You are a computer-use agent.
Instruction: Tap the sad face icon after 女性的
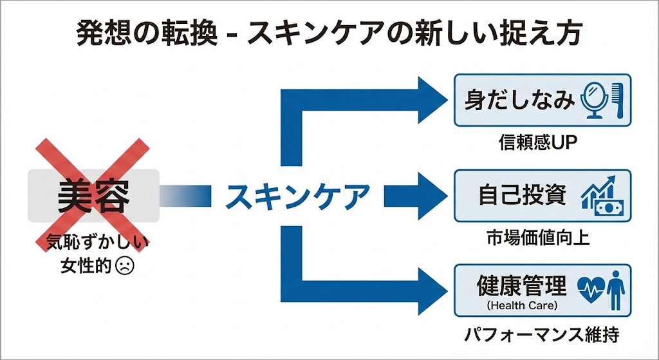click(x=124, y=265)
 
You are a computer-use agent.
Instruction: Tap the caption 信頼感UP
click(x=539, y=140)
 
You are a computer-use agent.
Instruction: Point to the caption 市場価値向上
click(x=539, y=236)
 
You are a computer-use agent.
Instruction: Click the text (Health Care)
click(x=522, y=304)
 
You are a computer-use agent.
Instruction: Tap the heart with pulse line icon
click(x=589, y=290)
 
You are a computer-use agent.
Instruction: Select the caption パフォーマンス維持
click(x=544, y=336)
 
